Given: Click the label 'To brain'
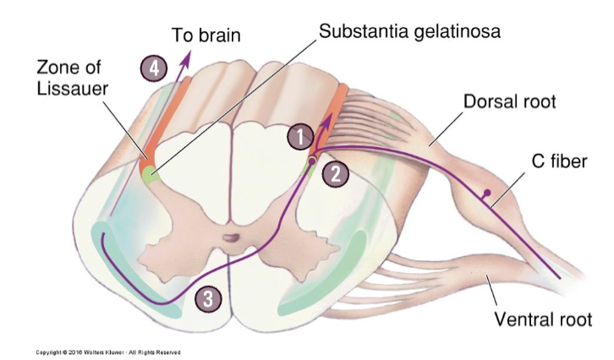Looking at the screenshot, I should (x=206, y=35).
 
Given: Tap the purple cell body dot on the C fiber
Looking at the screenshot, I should (x=488, y=195).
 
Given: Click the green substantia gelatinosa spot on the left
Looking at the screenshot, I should (x=150, y=176).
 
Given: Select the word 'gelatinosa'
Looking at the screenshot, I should (x=455, y=32).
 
